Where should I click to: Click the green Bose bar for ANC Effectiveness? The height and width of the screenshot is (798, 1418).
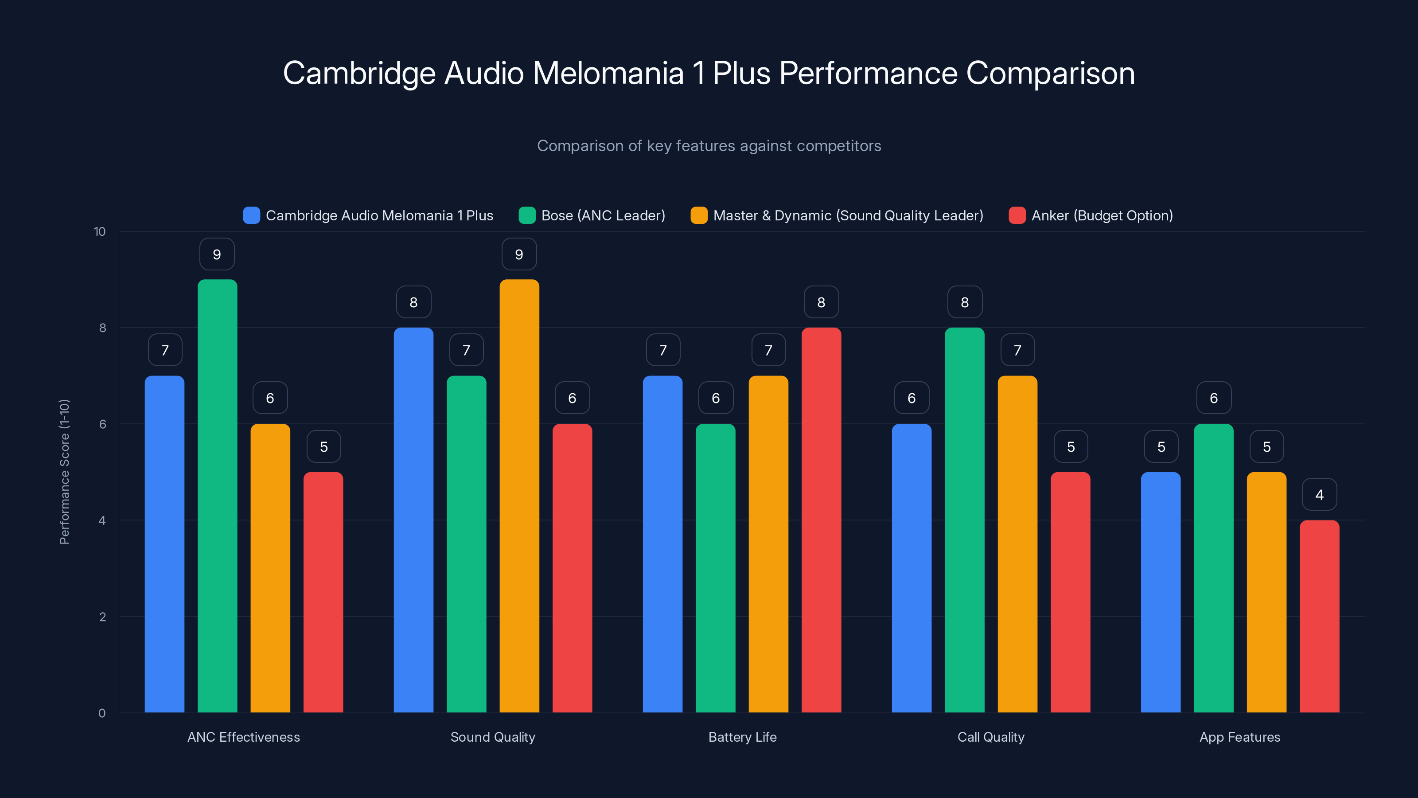[218, 496]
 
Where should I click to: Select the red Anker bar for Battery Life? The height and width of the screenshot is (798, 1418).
[821, 520]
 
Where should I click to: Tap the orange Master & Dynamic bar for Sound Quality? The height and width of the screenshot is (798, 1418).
[519, 496]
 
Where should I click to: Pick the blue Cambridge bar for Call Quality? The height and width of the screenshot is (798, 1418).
[912, 568]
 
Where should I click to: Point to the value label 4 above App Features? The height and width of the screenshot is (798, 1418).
[1320, 495]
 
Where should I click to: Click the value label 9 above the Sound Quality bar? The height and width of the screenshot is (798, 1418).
[519, 254]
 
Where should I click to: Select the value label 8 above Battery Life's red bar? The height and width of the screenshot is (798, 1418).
[821, 302]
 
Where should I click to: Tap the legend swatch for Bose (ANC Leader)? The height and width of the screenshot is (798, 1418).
[527, 215]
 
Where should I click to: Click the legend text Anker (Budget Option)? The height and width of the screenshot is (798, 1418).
[1102, 215]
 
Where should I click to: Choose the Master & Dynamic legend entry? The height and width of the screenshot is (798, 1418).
[848, 215]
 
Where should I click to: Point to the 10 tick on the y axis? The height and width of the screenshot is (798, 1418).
[100, 231]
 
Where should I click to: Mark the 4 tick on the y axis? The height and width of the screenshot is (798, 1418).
[102, 520]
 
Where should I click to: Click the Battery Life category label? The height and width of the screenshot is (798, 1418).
[742, 737]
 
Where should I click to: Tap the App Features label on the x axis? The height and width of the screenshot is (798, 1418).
[1240, 737]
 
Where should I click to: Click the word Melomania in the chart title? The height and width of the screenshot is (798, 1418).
[608, 73]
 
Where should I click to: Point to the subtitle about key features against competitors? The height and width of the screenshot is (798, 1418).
[709, 146]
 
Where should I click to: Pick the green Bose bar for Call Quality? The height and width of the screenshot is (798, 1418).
[964, 520]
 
